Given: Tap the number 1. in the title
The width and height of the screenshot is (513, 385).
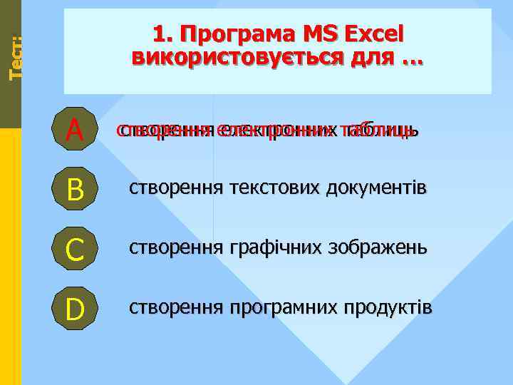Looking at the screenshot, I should coord(161,34).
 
